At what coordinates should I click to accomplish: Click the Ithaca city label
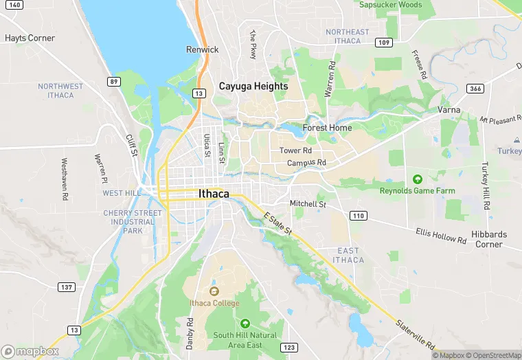point(214,194)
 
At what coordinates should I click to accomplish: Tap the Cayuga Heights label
point(253,86)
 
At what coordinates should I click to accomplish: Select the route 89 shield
point(113,81)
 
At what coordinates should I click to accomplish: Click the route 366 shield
point(475,89)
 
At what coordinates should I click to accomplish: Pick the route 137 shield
point(67,286)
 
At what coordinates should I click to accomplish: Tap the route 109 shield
point(384,43)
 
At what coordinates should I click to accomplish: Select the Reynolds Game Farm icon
point(417,179)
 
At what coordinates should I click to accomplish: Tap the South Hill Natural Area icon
point(245,323)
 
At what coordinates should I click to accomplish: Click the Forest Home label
point(328,128)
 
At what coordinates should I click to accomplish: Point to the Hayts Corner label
point(30,38)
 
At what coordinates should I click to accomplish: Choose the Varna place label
point(449,110)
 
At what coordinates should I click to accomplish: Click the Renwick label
point(202,49)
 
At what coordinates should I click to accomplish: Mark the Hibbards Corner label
point(489,239)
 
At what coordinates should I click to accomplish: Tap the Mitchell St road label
point(307,204)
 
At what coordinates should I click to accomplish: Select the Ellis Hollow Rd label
point(441,236)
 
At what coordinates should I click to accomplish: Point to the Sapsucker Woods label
point(390,5)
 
